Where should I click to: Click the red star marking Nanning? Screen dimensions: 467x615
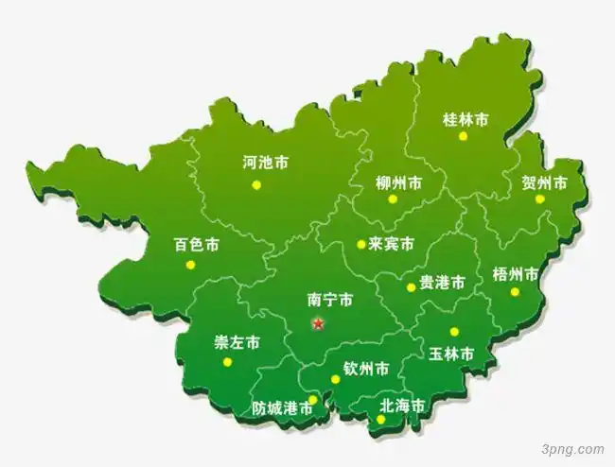tap(318, 324)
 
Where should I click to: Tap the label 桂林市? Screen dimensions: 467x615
tap(466, 119)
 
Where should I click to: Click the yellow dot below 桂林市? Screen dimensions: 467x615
tap(464, 136)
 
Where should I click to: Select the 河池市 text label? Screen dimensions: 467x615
tap(265, 163)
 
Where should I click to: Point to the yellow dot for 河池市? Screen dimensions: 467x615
tap(256, 185)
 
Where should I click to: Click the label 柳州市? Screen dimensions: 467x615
tap(398, 182)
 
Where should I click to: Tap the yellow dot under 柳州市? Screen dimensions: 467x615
tap(393, 199)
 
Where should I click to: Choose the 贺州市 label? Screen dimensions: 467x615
tap(544, 182)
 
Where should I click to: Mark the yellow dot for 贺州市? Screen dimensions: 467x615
tap(540, 199)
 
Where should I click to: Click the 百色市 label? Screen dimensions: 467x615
tap(196, 245)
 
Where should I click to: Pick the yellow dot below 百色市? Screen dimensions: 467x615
tap(189, 265)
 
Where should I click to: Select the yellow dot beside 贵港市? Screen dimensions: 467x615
tap(411, 287)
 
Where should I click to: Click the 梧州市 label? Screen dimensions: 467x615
tap(516, 274)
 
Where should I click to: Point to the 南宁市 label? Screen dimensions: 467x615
tap(330, 300)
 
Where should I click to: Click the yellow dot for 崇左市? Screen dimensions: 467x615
tap(227, 361)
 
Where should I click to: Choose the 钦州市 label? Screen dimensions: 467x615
tap(365, 368)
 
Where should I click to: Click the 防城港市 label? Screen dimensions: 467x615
tap(282, 409)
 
